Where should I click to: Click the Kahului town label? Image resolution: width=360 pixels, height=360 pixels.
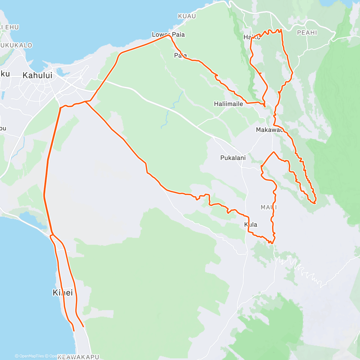[x=37, y=75]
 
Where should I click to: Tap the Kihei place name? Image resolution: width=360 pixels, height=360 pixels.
[x=63, y=292]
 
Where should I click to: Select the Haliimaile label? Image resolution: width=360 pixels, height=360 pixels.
[x=228, y=104]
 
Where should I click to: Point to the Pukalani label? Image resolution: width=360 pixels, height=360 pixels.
[x=233, y=158]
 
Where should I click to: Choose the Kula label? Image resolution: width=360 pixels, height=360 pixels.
[x=250, y=225]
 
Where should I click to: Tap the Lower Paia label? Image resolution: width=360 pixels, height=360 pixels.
[x=168, y=34]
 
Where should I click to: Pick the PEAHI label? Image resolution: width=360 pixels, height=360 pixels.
[x=307, y=33]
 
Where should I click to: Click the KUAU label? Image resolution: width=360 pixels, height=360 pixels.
[x=187, y=16]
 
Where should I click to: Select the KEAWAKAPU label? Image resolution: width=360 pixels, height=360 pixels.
[x=78, y=357]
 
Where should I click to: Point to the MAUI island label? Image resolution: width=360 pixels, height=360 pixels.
[x=268, y=207]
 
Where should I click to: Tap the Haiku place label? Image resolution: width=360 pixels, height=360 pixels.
[x=251, y=37]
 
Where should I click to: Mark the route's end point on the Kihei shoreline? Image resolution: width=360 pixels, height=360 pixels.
[x=74, y=331]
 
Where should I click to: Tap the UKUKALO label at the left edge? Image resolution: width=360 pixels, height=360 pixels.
[x=16, y=45]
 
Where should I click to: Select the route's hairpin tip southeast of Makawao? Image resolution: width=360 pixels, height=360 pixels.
[x=315, y=203]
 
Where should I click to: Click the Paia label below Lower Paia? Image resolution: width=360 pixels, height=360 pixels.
[x=180, y=55]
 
